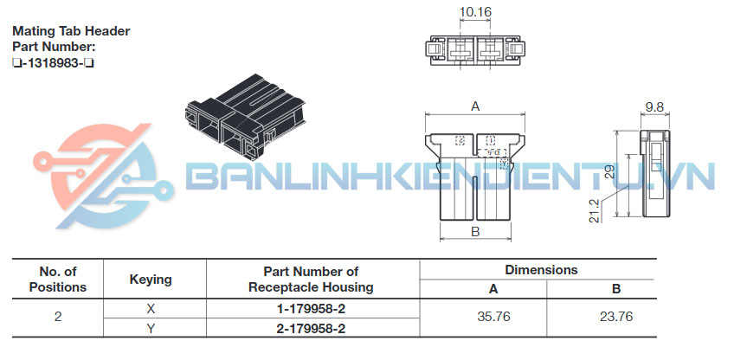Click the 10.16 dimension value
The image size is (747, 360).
tap(475, 11)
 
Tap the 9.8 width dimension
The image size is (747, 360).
tap(654, 107)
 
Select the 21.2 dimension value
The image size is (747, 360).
tap(594, 210)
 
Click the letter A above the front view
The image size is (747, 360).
tap(475, 106)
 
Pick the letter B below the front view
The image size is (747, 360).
tap(475, 231)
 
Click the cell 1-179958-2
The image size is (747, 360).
tap(311, 309)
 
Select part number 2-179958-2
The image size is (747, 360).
tap(311, 328)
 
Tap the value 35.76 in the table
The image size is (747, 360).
tap(493, 317)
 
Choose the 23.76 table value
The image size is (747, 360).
tap(616, 317)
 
